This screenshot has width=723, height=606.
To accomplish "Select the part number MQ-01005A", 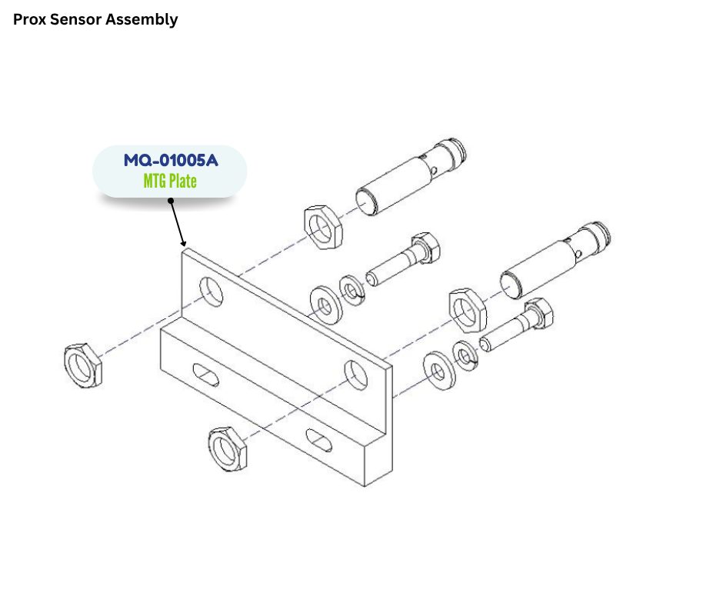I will pos(171,161).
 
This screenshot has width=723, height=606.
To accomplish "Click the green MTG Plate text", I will pos(170,181).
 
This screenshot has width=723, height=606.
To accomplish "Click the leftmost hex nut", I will pos(82,364).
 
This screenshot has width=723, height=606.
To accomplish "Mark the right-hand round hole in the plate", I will pos(355,373).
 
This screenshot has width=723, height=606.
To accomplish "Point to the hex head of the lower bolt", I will pos(539,315).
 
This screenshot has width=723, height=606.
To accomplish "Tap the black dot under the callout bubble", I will pos(170,202).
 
